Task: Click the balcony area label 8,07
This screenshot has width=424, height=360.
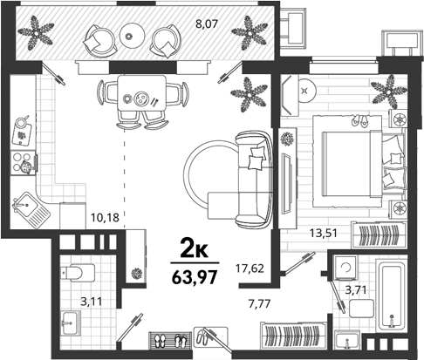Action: click(x=207, y=24)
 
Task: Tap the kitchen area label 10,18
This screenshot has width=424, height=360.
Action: click(x=105, y=217)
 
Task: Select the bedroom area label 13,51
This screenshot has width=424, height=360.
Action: click(x=323, y=233)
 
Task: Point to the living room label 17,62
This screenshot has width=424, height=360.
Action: click(x=250, y=268)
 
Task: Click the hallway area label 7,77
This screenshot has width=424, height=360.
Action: click(x=259, y=304)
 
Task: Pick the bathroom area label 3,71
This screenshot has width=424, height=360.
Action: click(x=355, y=289)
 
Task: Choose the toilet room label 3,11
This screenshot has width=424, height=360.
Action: click(x=92, y=302)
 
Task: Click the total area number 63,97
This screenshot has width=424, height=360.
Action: click(x=195, y=277)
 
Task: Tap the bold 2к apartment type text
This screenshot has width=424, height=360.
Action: click(x=195, y=250)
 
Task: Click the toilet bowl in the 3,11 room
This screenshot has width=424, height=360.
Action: click(x=78, y=273)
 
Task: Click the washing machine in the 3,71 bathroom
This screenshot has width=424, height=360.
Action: click(x=345, y=268)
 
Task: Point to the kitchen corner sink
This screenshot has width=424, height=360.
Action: click(x=31, y=209)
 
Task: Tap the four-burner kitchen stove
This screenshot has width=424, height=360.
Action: click(x=24, y=163)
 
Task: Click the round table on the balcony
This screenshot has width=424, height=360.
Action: click(x=133, y=35)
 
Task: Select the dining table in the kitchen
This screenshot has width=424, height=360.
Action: click(x=142, y=92)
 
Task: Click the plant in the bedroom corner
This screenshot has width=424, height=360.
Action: click(x=388, y=92)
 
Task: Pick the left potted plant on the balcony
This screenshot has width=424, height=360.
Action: click(x=36, y=32)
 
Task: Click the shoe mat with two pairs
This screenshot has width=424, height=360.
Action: click(x=170, y=340)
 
